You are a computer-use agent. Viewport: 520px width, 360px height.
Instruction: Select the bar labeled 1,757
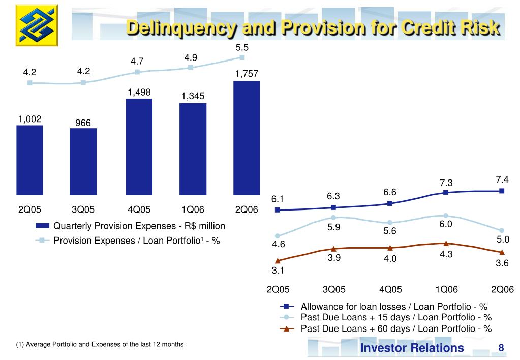pos(247,137)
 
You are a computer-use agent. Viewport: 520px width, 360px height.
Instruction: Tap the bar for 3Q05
pos(83,161)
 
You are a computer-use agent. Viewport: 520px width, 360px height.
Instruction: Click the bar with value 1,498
pos(139,146)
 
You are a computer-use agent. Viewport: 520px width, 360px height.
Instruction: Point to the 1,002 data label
pos(29,119)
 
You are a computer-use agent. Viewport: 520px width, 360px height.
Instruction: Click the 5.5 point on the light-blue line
pos(242,57)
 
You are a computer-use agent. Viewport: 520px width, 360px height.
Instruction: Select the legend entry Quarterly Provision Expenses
pos(139,226)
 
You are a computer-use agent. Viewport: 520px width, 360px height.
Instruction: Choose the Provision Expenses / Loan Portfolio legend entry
pos(136,241)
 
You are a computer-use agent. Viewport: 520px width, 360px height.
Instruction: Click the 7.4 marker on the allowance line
pos(502,191)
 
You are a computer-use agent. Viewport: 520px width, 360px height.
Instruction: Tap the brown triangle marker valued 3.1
pos(278,261)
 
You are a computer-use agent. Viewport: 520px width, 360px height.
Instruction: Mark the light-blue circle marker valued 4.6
pos(278,236)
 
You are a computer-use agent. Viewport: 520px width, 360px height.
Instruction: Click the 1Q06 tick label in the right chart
pos(446,289)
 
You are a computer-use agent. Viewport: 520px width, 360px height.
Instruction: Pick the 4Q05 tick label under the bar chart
pos(139,209)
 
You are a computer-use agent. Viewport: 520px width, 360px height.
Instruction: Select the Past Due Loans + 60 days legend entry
pos(396,328)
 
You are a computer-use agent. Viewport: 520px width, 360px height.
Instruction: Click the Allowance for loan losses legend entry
pos(394,306)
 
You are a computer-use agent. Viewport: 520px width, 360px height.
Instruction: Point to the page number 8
pos(501,348)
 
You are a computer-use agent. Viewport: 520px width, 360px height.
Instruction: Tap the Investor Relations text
pos(412,348)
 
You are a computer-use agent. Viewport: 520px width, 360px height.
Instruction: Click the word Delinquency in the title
pos(181,28)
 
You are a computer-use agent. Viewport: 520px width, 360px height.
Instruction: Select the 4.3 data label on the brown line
pos(446,254)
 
